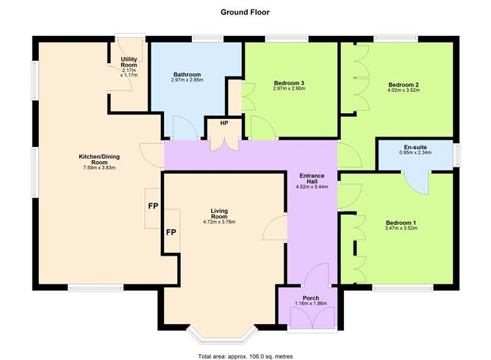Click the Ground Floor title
click(x=245, y=12)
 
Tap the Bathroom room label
click(x=187, y=74)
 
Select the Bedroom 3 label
click(x=289, y=83)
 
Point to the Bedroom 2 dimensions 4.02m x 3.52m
click(x=404, y=90)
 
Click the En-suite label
click(x=415, y=147)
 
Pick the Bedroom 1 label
click(x=401, y=223)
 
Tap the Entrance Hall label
click(x=312, y=179)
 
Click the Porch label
click(x=311, y=298)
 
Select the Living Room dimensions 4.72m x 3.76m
click(x=219, y=222)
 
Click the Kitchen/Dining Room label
click(x=99, y=159)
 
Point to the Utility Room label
click(x=129, y=62)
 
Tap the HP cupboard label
click(x=224, y=123)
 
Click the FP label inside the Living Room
click(x=171, y=232)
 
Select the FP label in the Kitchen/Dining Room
click(x=153, y=206)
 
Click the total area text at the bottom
click(x=246, y=356)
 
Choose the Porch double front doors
click(x=312, y=317)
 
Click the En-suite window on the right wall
click(x=457, y=155)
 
